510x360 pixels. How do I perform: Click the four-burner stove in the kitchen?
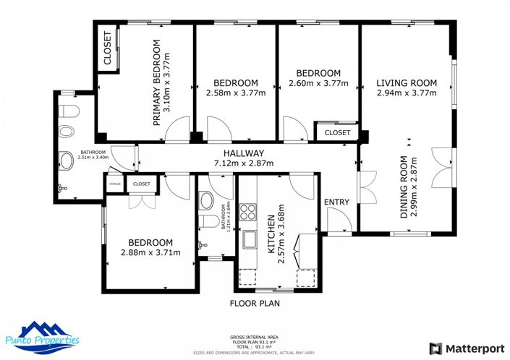coord(249,212)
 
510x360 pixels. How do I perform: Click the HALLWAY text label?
coord(243,153)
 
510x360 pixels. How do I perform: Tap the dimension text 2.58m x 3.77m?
coord(236,93)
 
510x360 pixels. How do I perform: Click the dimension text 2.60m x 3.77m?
coord(318,83)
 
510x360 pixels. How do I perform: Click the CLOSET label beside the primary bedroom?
coord(107,48)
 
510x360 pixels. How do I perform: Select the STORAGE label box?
coord(114,184)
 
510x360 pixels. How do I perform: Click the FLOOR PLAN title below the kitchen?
coord(255,304)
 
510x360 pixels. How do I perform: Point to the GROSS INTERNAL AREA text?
coord(255,337)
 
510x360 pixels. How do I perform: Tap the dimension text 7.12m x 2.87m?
coord(243,163)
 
